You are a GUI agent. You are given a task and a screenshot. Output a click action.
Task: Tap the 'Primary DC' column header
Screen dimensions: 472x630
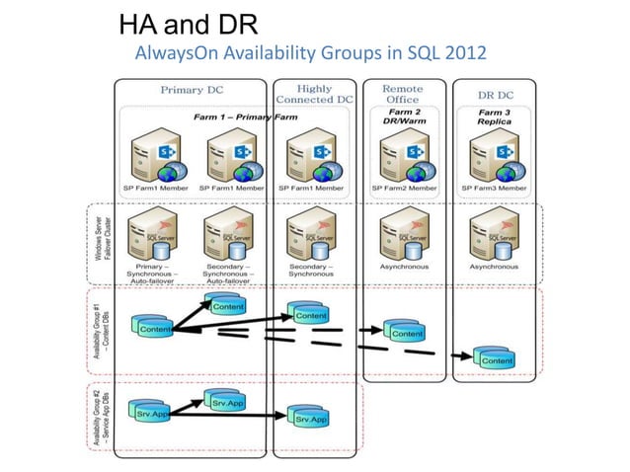192,90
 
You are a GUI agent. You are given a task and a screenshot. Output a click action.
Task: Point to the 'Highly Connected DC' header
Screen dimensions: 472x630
314,94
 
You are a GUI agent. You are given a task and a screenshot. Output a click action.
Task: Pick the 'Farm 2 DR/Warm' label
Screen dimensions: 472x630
403,118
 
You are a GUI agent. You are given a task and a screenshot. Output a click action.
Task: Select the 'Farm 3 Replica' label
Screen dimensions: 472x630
497,118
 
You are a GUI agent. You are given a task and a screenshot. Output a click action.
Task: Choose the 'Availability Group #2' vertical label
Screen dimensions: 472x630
99,414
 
